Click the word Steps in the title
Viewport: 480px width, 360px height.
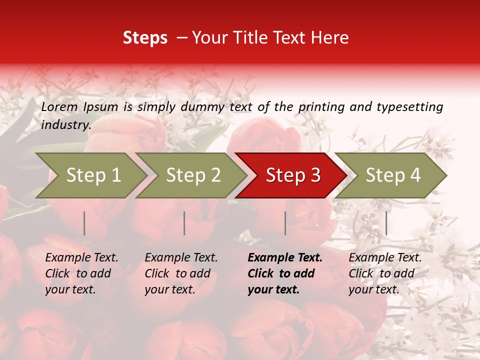pos(145,38)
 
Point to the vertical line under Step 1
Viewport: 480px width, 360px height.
pos(84,223)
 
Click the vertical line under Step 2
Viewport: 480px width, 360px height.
pos(184,223)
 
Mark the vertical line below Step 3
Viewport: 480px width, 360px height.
pos(285,223)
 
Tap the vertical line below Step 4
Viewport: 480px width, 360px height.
pos(386,223)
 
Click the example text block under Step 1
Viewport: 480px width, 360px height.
pos(81,273)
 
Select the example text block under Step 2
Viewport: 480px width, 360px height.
pos(181,273)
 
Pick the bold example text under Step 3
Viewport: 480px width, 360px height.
pos(285,273)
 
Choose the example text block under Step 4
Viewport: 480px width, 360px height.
pos(385,273)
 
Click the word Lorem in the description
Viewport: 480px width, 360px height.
pos(59,107)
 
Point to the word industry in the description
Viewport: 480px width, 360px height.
pos(66,125)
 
